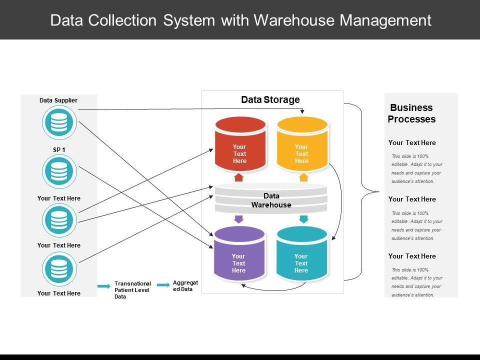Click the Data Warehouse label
271,200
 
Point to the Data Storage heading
270,99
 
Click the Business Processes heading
411,113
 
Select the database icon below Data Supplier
59,122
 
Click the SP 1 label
59,149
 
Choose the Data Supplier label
58,100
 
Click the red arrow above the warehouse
238,177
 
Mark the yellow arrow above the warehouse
303,177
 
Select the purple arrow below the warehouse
238,219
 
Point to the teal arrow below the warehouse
303,219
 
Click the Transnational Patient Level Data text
132,290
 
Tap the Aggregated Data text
185,286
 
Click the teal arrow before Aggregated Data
163,285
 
